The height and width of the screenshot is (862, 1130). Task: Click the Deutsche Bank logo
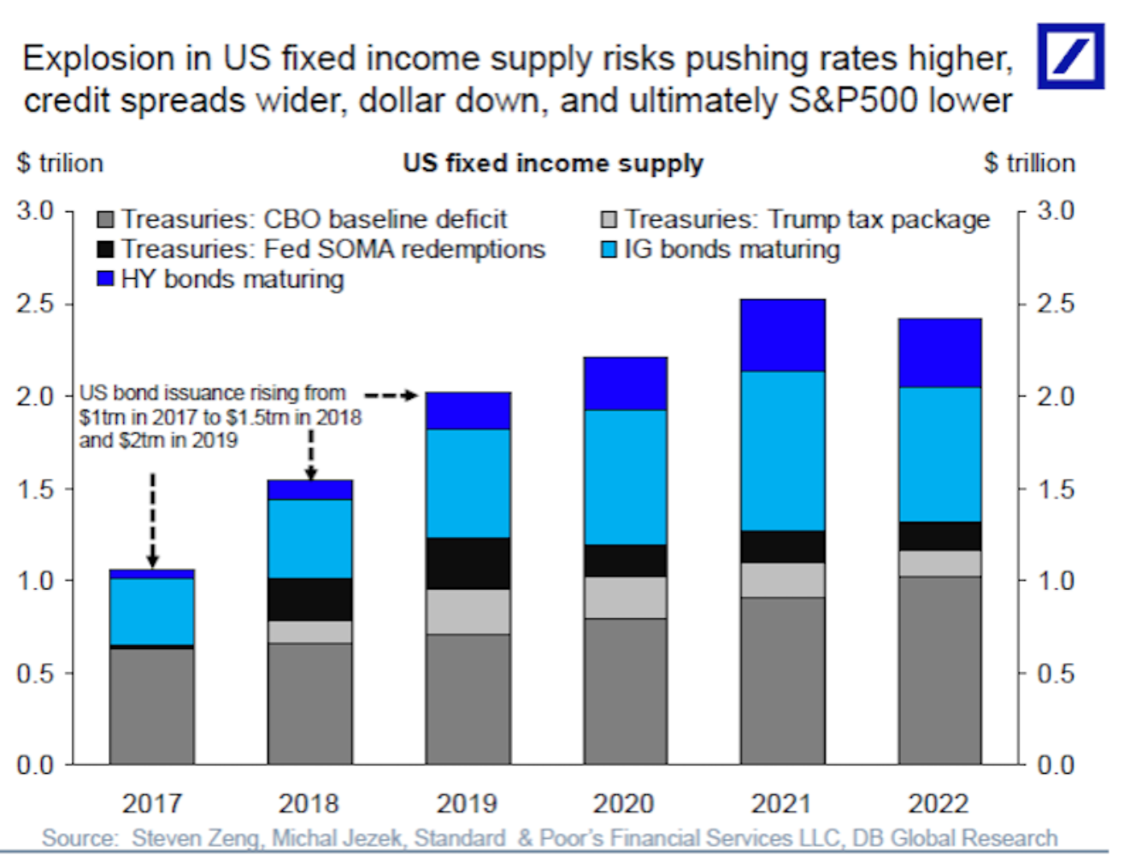click(x=1070, y=56)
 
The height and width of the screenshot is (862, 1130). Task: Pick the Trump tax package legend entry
click(x=795, y=219)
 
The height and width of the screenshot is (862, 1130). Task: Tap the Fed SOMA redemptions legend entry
click(x=321, y=249)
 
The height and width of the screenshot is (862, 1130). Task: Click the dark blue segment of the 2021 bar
click(x=782, y=335)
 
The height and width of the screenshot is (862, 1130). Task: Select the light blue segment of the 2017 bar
click(x=152, y=611)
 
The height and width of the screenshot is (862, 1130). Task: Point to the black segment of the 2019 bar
click(x=468, y=563)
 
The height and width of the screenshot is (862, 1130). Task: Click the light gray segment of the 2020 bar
click(x=625, y=597)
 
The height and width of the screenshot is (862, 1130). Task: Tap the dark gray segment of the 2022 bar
click(x=939, y=670)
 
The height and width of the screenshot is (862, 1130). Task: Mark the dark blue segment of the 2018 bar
click(x=309, y=489)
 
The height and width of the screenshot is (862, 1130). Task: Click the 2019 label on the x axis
click(x=467, y=804)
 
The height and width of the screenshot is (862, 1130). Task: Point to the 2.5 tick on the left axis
click(x=35, y=304)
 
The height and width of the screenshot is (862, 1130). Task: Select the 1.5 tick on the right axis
click(x=1055, y=489)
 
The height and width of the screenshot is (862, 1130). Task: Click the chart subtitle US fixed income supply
click(x=553, y=162)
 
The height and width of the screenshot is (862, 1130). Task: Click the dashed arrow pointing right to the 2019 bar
click(x=391, y=395)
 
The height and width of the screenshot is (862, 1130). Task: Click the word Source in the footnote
click(x=79, y=838)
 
